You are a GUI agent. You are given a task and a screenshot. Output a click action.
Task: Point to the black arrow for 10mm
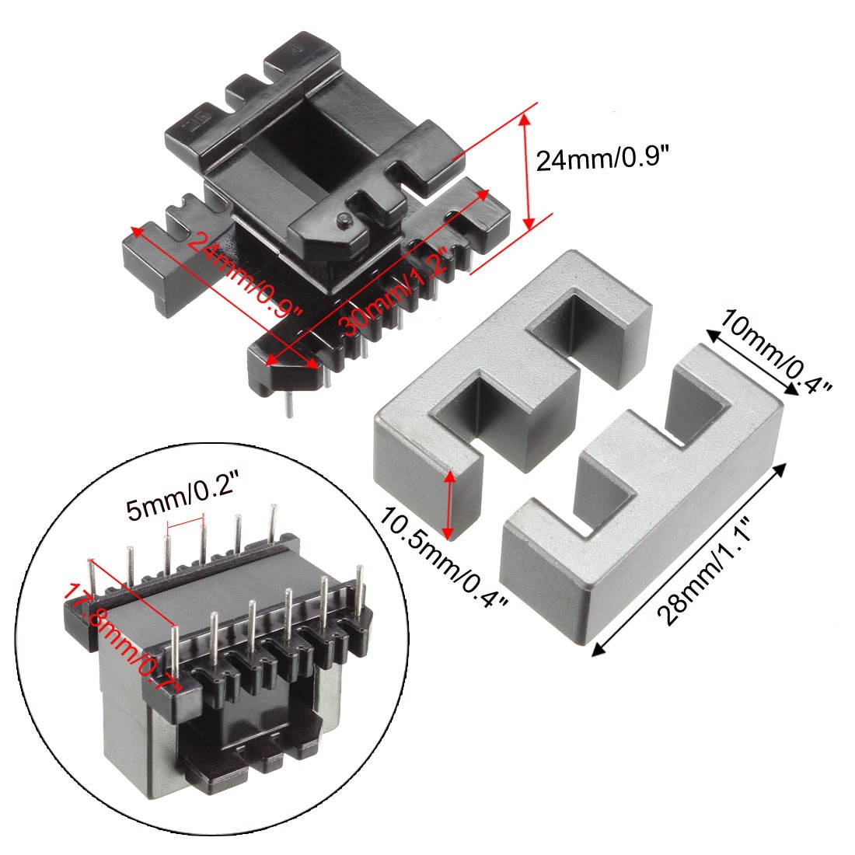[752, 361]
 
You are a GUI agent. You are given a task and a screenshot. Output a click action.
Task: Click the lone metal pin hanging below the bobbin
[289, 405]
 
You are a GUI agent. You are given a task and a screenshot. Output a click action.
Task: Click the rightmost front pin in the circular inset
[360, 595]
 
